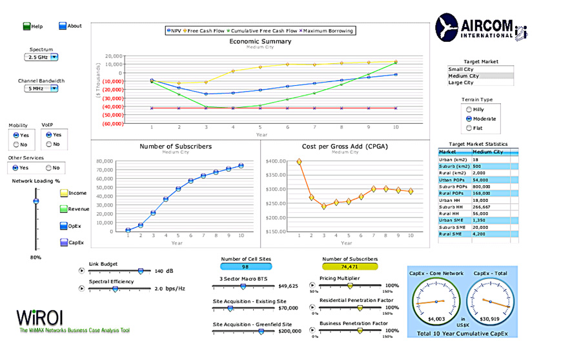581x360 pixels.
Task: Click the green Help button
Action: [27, 26]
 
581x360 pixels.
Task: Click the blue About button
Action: [63, 26]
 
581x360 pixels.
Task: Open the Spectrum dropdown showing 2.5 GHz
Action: [41, 57]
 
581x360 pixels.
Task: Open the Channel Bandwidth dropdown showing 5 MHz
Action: [41, 88]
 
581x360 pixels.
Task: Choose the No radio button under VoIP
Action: [47, 144]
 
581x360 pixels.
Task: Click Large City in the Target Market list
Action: [461, 83]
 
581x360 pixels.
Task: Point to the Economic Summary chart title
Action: [260, 41]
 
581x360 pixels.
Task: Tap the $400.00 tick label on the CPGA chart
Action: [276, 161]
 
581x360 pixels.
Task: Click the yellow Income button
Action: [64, 193]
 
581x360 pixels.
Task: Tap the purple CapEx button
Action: [64, 242]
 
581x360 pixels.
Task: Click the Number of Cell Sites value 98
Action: [245, 266]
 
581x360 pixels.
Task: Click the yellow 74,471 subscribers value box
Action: [349, 266]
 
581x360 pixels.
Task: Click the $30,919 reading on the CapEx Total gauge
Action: [491, 318]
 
